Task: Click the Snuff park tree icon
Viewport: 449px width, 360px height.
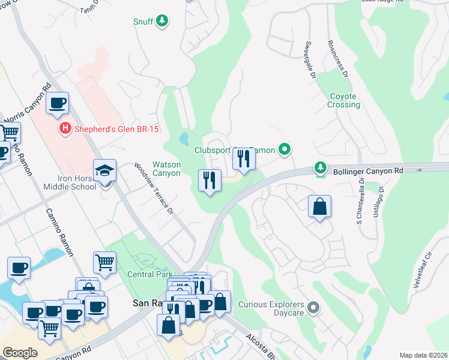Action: pyautogui.click(x=161, y=22)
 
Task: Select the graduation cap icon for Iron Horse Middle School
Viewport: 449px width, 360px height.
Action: pyautogui.click(x=105, y=171)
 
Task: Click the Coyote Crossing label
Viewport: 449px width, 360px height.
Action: pyautogui.click(x=344, y=100)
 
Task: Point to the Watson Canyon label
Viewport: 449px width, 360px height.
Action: pyautogui.click(x=166, y=169)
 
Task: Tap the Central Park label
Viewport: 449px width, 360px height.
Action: pyautogui.click(x=149, y=274)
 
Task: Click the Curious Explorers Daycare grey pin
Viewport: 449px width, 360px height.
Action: pyautogui.click(x=313, y=308)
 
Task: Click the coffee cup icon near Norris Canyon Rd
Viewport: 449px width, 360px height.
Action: pyautogui.click(x=58, y=103)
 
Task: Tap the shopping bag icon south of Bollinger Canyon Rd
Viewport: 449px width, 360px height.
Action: pyautogui.click(x=320, y=207)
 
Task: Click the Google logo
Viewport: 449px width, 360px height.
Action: pyautogui.click(x=20, y=352)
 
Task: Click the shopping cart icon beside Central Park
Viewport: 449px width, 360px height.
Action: pyautogui.click(x=104, y=262)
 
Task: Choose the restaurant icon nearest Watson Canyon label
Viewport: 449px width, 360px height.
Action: pyautogui.click(x=209, y=181)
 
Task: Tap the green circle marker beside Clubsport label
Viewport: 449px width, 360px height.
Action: pyautogui.click(x=286, y=149)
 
